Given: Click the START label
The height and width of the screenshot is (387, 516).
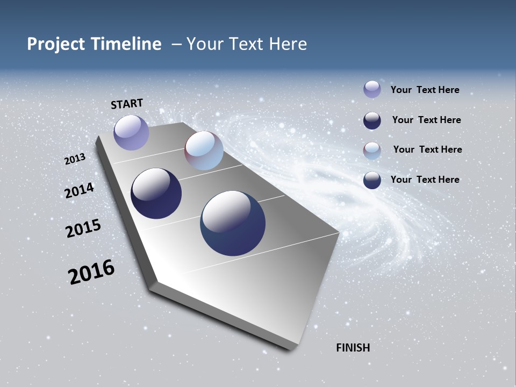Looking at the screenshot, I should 127,104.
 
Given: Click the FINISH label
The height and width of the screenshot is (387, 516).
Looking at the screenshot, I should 353,348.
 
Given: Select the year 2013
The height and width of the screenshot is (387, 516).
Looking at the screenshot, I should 75,159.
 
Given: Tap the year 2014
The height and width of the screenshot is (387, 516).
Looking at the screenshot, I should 80,190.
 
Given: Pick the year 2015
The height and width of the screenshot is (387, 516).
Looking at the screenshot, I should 83,228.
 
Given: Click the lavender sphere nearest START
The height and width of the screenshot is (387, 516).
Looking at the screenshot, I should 131,132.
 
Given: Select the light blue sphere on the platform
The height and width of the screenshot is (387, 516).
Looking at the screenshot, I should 204,150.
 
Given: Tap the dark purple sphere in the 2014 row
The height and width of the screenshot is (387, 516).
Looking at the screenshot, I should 156,193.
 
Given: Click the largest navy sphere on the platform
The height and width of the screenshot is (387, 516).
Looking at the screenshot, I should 233,223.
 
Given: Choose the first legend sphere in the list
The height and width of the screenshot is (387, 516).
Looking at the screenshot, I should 372,89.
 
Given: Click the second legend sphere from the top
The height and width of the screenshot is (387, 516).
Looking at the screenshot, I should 372,120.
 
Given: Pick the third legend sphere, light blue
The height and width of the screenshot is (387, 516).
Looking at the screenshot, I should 372,150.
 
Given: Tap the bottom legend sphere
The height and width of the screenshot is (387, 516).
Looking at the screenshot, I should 372,180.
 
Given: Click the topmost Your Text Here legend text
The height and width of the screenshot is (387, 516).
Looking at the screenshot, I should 425,90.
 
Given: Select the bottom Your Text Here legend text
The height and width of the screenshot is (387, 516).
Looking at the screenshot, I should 425,180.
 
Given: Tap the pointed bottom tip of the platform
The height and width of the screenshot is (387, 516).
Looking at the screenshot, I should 290,348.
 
